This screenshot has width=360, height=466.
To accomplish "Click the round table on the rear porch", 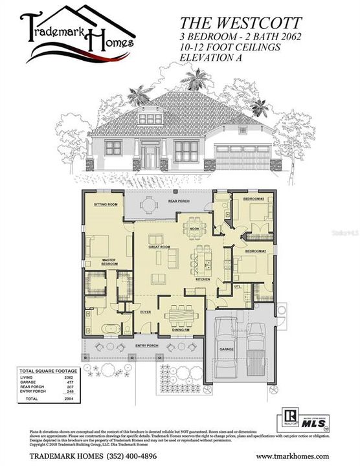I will click(149, 205).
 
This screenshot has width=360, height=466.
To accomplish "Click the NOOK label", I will click(193, 228).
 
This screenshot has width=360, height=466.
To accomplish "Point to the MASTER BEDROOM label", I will click(113, 261).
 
